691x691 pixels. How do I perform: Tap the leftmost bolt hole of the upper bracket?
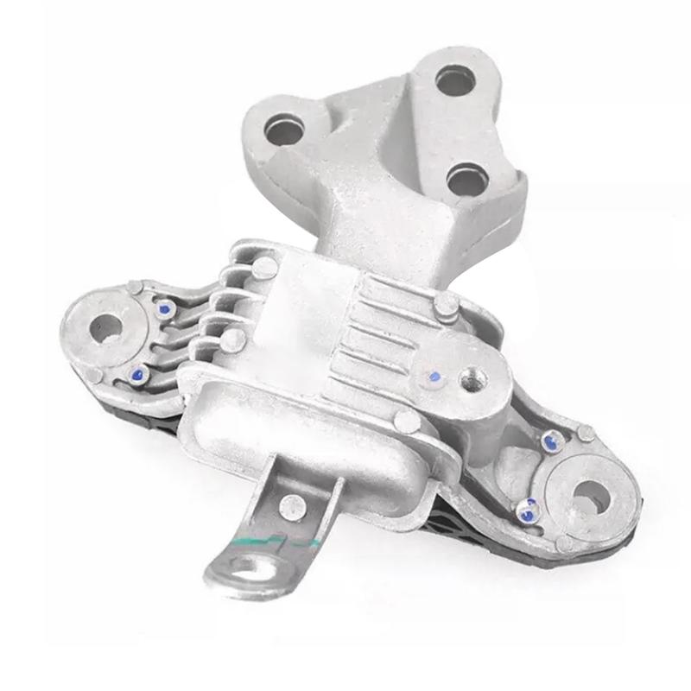pos(285,131)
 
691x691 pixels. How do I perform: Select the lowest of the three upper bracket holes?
pos(466,181)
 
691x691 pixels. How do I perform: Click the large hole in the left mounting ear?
pos(105,327)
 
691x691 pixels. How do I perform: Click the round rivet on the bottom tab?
pos(288,503)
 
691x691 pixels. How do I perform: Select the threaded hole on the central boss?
pos(470,377)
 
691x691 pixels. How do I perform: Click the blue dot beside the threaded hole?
pos(434,377)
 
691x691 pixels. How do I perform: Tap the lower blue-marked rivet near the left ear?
pos(136,374)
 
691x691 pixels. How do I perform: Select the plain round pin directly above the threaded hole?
pos(446,304)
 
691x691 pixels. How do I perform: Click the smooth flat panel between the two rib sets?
pos(302,311)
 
